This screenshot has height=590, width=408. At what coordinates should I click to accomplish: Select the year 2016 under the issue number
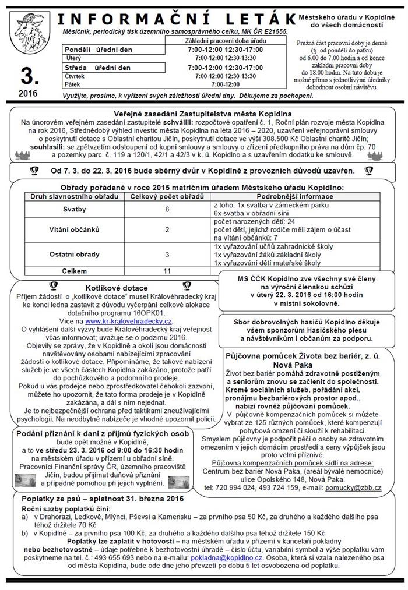(x=27, y=93)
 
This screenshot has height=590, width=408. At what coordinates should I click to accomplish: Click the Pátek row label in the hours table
(x=72, y=84)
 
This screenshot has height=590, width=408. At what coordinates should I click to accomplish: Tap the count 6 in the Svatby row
(x=167, y=209)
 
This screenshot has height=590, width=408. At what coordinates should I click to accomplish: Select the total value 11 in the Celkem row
(x=167, y=271)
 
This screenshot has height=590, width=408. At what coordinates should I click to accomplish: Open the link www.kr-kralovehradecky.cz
(x=128, y=320)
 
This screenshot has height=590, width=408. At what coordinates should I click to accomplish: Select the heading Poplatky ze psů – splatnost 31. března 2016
(x=102, y=499)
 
